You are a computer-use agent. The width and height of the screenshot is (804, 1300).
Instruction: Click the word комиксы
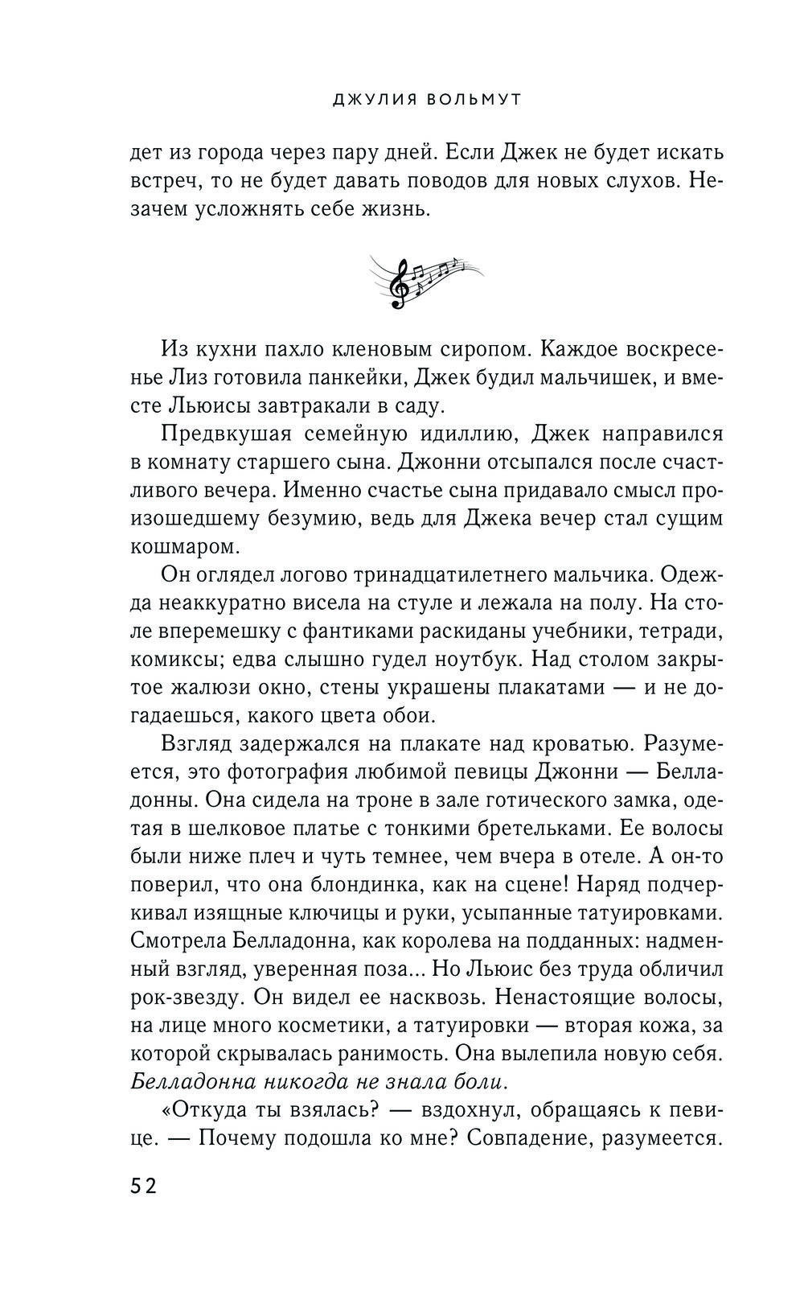[x=174, y=660]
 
